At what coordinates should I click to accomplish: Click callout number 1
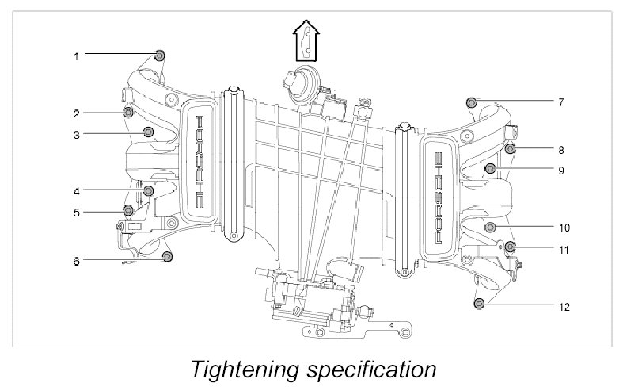click(x=77, y=56)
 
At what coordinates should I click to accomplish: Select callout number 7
click(x=560, y=102)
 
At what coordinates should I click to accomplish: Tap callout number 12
click(x=563, y=306)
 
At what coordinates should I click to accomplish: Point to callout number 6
click(x=77, y=260)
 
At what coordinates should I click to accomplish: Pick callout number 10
click(x=564, y=228)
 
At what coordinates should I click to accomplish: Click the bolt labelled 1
click(x=160, y=55)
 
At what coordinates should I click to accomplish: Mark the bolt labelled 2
click(x=127, y=112)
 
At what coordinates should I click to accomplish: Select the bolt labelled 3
click(x=147, y=132)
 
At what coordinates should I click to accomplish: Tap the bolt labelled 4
click(x=149, y=190)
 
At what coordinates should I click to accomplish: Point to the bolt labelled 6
click(x=167, y=256)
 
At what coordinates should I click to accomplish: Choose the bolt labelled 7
click(x=472, y=102)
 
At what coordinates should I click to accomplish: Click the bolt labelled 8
click(x=511, y=148)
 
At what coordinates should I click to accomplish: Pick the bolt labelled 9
click(x=490, y=168)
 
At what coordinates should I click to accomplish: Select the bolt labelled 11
click(x=510, y=247)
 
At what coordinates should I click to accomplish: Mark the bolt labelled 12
click(x=478, y=303)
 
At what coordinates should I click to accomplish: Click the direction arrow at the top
click(x=306, y=40)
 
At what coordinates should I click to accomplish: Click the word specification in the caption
click(x=370, y=370)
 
